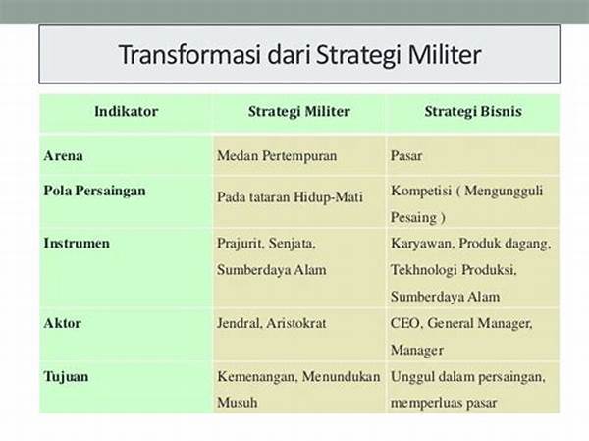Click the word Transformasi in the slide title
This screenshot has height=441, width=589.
(x=190, y=55)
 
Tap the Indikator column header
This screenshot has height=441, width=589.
(x=127, y=111)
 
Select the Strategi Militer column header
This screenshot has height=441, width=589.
(x=299, y=111)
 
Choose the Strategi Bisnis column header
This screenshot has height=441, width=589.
(x=473, y=111)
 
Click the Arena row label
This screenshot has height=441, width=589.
(x=63, y=155)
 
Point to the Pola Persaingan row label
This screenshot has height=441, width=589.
(x=94, y=191)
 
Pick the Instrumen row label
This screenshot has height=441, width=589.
(x=77, y=244)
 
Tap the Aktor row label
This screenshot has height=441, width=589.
(x=63, y=323)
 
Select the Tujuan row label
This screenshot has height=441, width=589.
(x=66, y=377)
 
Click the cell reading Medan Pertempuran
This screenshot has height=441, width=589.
(x=277, y=155)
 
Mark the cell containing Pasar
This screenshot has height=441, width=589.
(x=406, y=155)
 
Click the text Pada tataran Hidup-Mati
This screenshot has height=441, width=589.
(x=290, y=197)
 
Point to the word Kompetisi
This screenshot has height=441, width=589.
(x=421, y=191)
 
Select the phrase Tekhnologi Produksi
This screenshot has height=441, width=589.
(x=454, y=270)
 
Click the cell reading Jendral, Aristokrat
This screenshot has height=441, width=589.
(x=272, y=323)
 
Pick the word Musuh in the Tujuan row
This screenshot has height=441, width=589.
(x=237, y=403)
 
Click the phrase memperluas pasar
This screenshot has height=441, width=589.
(x=444, y=403)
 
